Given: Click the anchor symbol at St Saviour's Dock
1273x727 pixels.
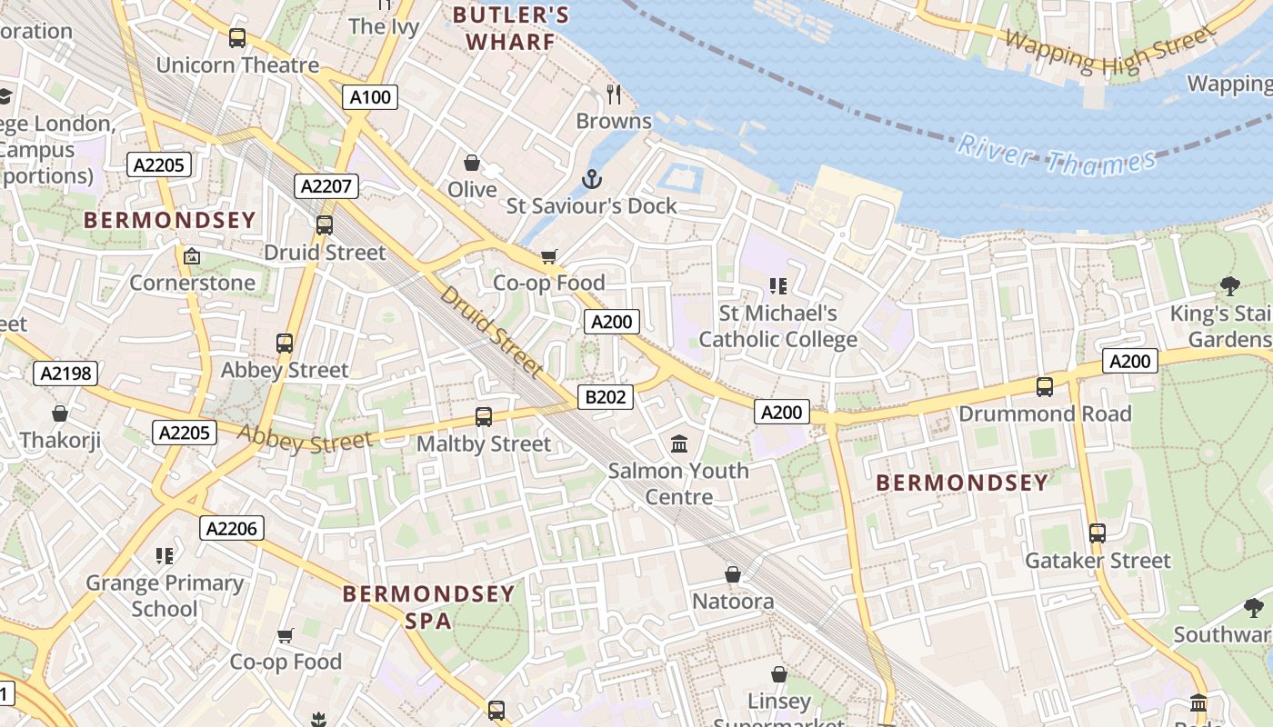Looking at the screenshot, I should [x=592, y=178].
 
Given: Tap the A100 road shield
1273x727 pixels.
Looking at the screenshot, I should [x=370, y=97].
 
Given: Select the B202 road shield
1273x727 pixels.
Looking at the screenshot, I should [x=605, y=397].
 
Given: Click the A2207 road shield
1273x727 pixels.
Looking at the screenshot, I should [x=326, y=186].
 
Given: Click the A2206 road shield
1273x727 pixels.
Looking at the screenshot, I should [x=232, y=528].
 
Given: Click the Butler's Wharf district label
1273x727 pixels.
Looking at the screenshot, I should [x=511, y=28].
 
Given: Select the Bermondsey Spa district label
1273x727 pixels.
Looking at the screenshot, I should [x=428, y=607].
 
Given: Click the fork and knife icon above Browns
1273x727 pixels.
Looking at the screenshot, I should [x=614, y=94].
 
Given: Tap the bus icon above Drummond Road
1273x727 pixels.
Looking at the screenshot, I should [x=1045, y=386].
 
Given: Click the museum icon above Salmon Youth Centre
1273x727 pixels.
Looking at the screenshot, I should [x=678, y=444].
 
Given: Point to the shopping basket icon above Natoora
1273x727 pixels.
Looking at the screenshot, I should [x=733, y=574].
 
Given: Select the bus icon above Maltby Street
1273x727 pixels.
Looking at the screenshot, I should [x=484, y=417].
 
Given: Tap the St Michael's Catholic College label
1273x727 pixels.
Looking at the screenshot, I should [x=777, y=326].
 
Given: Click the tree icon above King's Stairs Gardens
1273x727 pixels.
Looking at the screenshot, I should [x=1229, y=287].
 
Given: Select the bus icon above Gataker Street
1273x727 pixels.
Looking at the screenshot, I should [x=1098, y=533].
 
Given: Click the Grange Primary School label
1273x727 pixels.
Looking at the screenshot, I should [x=165, y=595].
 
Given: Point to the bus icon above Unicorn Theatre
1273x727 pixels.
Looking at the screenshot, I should [x=237, y=38].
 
